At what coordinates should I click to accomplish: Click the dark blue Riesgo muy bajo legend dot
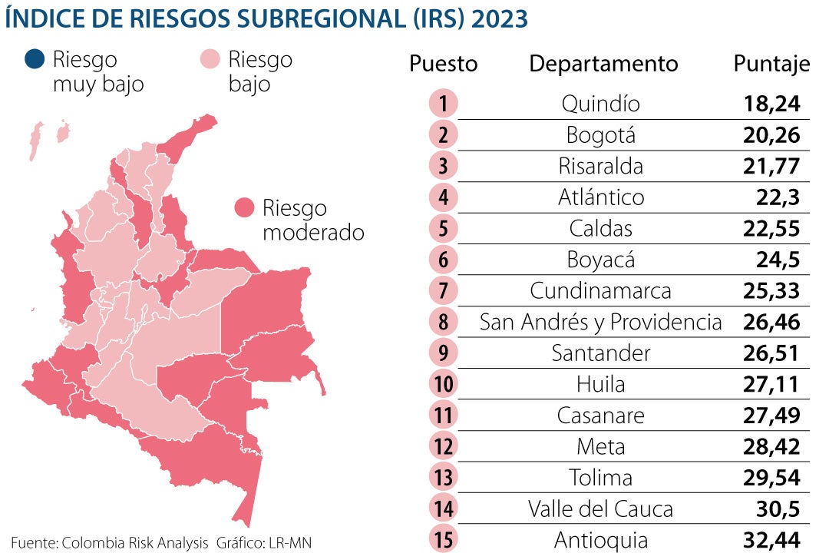pos(35,59)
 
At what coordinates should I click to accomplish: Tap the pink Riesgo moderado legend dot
pos(244,208)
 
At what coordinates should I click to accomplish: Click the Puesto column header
pos(443,65)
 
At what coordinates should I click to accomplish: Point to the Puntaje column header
pos(771,65)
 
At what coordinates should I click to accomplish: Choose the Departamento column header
pos(603,64)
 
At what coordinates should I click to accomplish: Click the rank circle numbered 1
pos(444,104)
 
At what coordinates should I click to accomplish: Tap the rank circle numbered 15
pos(444,540)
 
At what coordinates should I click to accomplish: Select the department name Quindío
pos(600,104)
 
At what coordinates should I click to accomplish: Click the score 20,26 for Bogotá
pos(771,135)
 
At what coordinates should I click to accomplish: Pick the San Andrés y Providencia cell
pos(600,322)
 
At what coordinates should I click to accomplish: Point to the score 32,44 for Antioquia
pos(771,540)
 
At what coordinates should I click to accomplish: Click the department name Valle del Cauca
pos(600,508)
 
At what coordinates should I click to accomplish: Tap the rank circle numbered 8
pos(444,322)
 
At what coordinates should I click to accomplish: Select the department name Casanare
pos(600,416)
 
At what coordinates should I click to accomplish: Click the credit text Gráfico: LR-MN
pos(264,542)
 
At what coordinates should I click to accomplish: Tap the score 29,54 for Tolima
pos(771,478)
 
